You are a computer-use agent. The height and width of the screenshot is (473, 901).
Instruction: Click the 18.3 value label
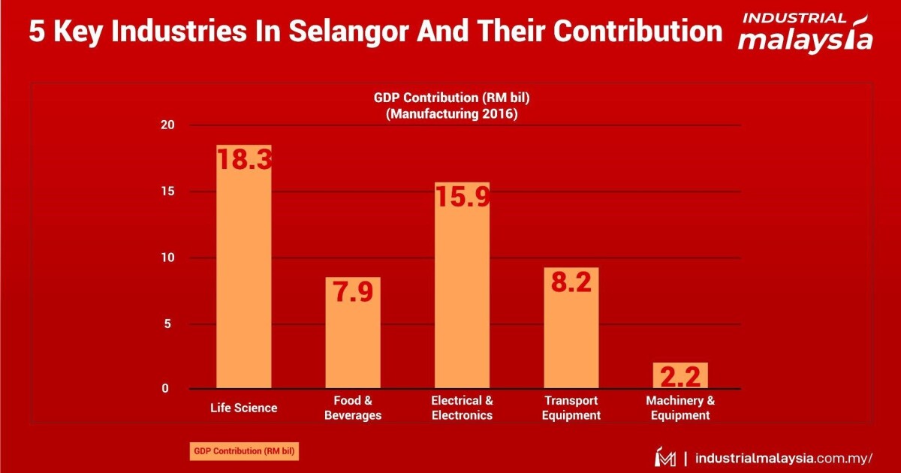(244, 159)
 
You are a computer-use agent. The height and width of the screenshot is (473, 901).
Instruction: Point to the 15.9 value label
(463, 197)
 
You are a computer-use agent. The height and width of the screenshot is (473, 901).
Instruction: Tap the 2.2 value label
(681, 376)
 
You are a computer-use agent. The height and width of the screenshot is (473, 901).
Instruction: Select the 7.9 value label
(353, 291)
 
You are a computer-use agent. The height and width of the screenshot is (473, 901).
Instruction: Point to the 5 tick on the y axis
(170, 324)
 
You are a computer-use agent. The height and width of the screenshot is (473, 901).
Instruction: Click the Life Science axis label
(244, 408)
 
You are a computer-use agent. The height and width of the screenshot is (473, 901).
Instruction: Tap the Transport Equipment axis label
(572, 408)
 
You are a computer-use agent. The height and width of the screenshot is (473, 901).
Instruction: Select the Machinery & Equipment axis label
(680, 408)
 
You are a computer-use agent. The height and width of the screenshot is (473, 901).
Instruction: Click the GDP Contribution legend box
(243, 451)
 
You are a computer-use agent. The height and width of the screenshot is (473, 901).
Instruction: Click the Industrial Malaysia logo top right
(805, 32)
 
